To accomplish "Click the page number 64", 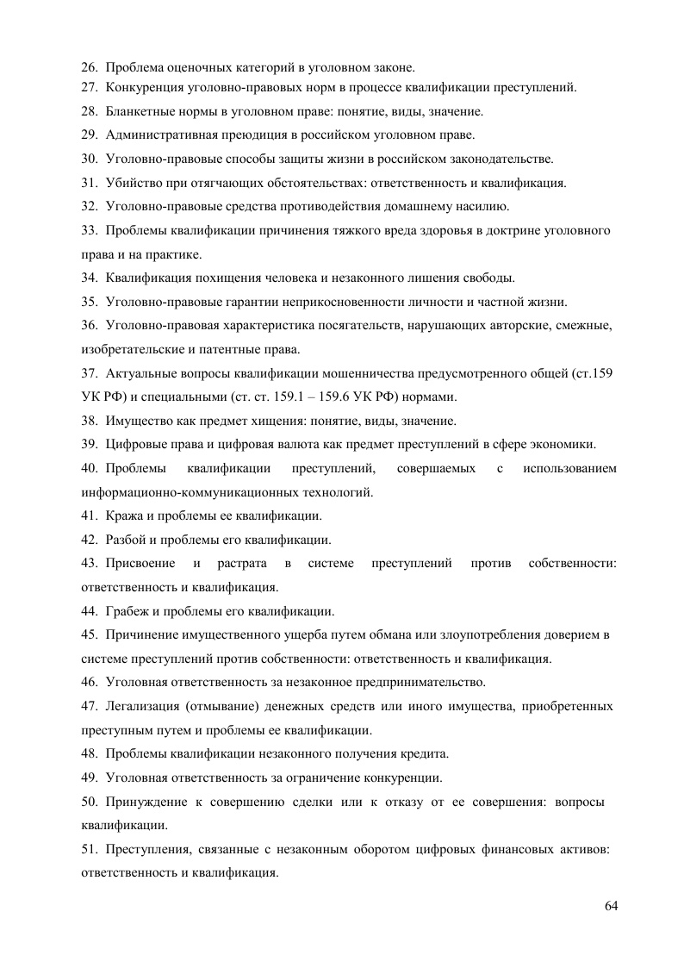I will [612, 905].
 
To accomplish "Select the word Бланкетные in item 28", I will [140, 112].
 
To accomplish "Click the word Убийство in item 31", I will [132, 183].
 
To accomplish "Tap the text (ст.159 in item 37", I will [592, 373].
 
